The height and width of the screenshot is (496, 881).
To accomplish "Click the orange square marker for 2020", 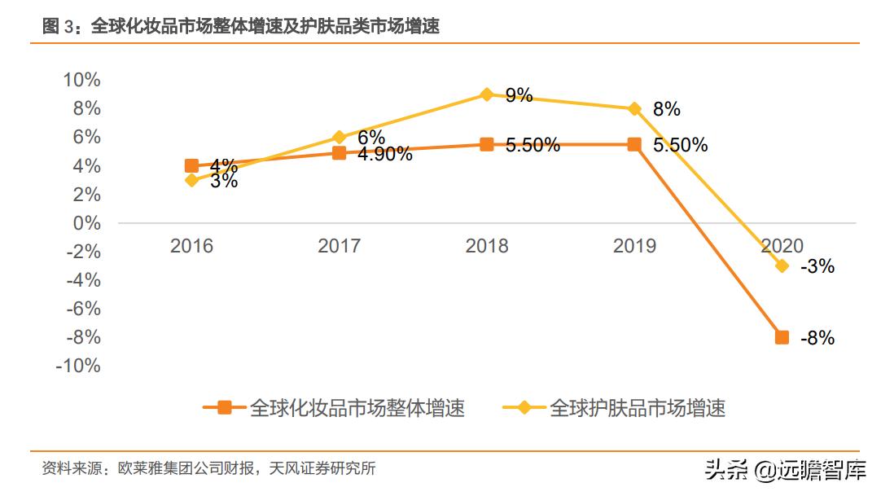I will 782,337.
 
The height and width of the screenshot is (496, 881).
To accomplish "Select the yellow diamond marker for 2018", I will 487,94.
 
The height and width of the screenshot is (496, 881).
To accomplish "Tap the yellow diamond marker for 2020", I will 782,266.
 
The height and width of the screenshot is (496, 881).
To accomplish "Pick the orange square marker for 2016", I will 192,166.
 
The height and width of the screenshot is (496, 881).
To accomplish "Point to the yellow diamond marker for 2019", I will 634,108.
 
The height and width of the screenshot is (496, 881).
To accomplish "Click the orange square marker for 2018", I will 487,144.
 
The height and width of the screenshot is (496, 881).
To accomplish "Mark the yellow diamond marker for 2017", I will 340,137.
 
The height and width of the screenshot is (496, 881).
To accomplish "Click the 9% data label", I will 519,95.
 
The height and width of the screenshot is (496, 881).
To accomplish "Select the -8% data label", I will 817,338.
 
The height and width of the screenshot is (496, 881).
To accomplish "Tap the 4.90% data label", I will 384,154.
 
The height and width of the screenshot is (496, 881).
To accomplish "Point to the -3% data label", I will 817,266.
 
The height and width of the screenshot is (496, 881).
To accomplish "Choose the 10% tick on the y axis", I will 81,80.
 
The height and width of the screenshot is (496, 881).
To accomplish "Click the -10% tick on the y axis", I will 78,366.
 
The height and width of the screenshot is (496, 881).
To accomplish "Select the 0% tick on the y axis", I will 86,223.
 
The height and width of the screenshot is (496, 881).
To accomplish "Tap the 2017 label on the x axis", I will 340,246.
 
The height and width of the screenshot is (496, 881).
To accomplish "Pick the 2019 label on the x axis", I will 634,246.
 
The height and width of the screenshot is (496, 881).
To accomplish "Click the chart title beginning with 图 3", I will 241,27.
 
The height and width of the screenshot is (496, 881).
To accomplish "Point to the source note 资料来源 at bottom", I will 208,469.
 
